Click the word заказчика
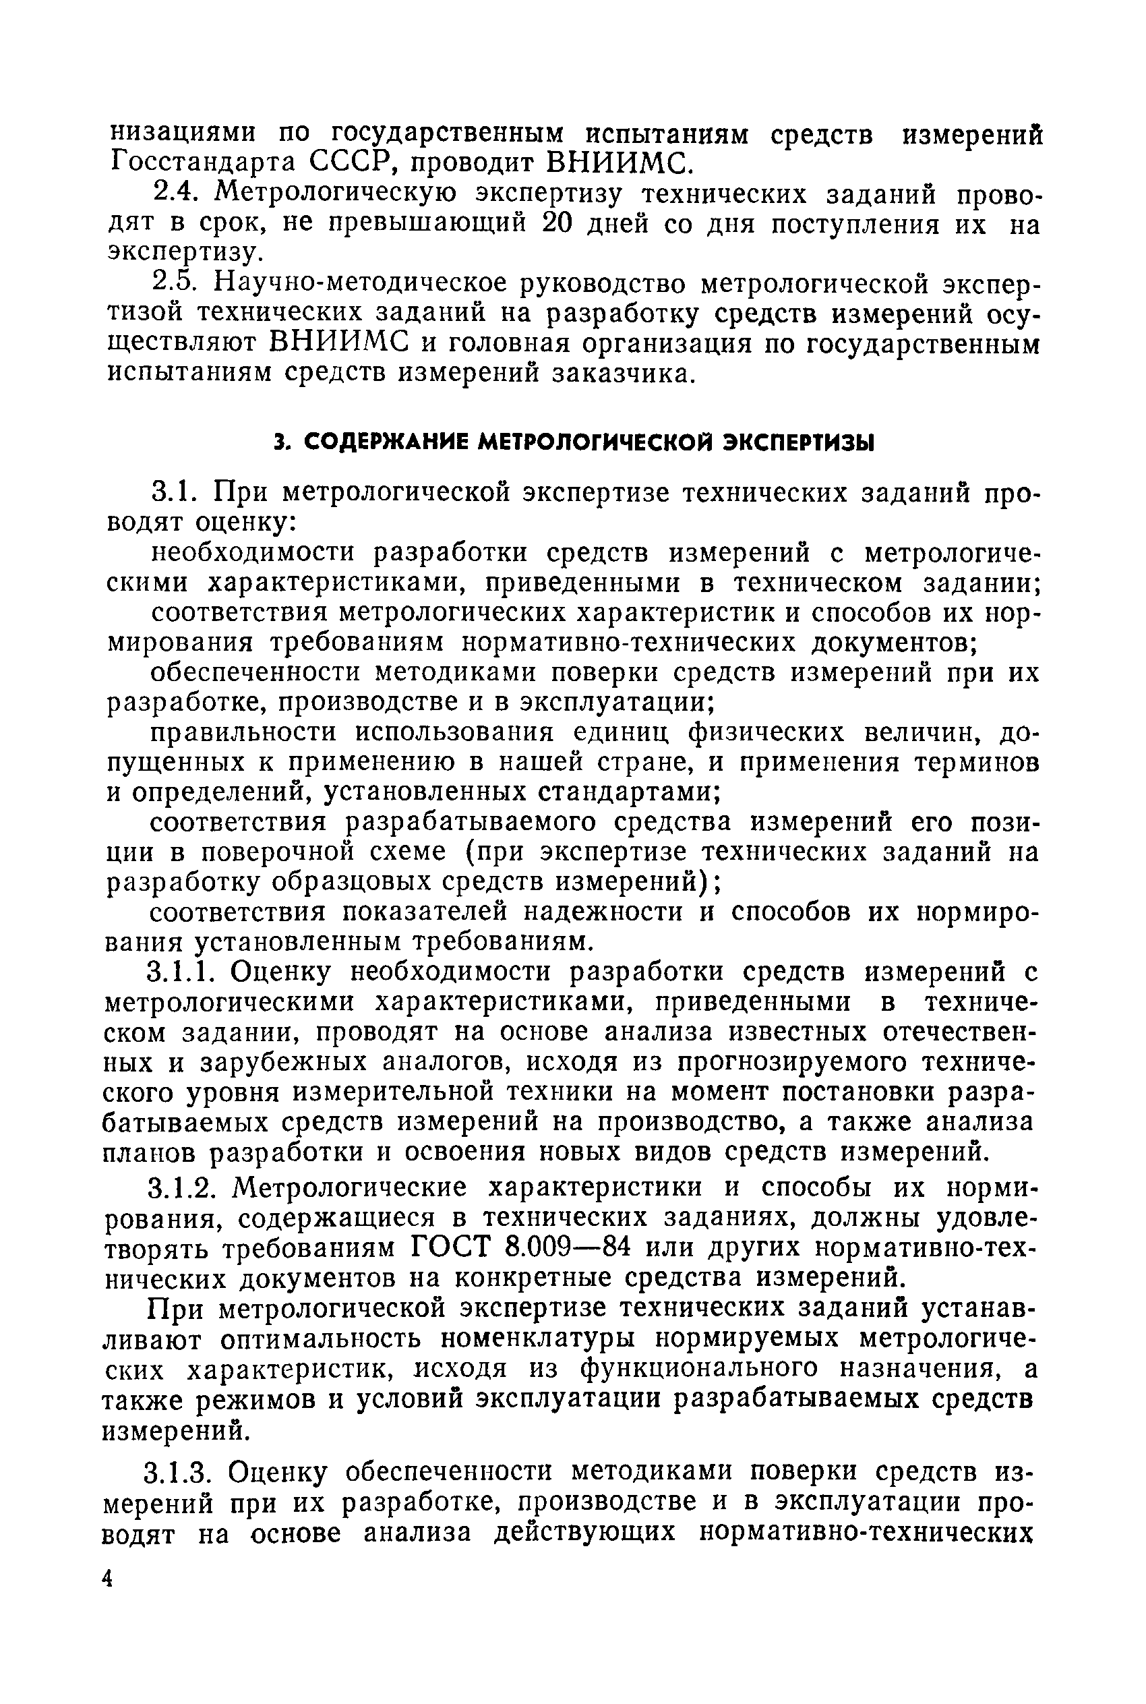click(619, 374)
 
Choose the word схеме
click(409, 852)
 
